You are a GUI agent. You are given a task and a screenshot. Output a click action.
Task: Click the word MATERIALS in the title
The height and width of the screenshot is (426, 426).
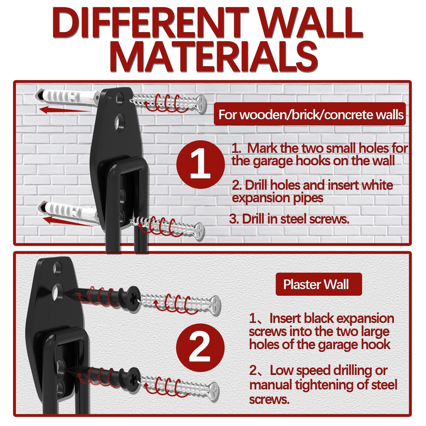click(x=215, y=57)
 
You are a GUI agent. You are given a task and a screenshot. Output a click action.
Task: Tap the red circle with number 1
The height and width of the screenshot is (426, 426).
click(x=200, y=164)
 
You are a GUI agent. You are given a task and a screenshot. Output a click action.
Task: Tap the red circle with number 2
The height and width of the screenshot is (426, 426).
click(x=200, y=347)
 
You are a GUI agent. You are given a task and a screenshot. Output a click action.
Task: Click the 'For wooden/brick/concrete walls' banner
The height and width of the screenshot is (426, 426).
click(x=310, y=114)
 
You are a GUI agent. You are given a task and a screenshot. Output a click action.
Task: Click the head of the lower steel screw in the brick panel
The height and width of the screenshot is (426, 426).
click(x=200, y=231)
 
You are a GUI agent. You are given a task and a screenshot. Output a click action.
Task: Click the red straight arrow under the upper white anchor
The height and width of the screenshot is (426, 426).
click(x=63, y=110)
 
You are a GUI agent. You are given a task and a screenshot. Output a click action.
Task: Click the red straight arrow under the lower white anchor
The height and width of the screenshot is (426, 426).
click(x=66, y=221)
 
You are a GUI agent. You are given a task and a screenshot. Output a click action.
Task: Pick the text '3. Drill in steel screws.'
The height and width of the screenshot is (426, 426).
click(x=289, y=219)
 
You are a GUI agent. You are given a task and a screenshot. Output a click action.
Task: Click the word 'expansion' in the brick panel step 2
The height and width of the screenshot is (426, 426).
click(x=255, y=198)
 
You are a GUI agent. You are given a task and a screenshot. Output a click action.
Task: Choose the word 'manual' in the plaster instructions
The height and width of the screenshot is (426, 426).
click(x=270, y=385)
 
